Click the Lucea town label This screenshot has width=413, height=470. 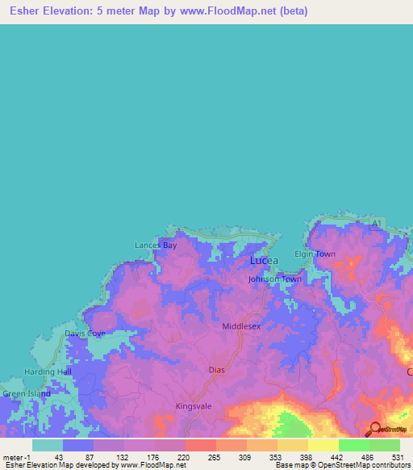264,261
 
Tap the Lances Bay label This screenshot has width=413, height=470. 155,245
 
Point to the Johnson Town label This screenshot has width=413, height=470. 274,279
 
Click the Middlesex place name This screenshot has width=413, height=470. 241,326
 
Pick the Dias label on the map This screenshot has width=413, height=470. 216,370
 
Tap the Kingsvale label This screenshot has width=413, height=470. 194,406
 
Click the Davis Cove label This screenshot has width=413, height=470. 85,333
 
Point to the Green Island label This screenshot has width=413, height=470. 26,394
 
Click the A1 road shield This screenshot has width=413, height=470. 375,223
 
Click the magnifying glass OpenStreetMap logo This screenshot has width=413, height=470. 375,429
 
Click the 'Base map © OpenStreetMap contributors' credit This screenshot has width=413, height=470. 340,465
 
